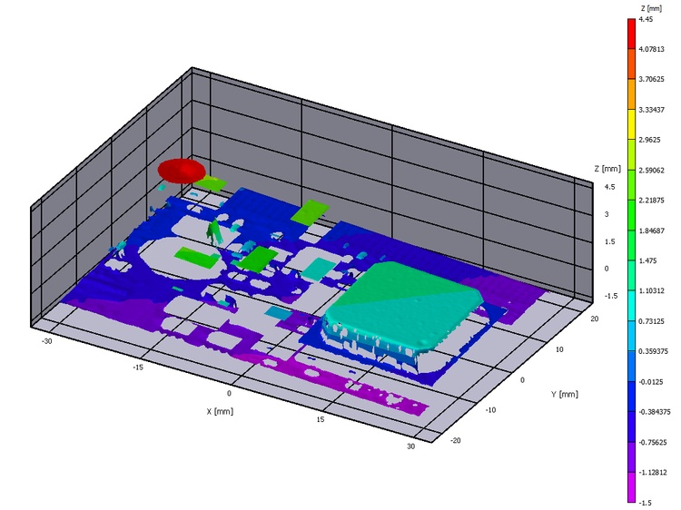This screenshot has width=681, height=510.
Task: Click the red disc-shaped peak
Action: [182, 170]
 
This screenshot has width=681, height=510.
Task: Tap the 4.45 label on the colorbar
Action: [646, 19]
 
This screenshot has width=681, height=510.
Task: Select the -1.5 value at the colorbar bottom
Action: [645, 503]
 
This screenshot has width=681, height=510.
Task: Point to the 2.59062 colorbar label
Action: [651, 170]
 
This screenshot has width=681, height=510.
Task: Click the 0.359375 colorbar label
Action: [653, 351]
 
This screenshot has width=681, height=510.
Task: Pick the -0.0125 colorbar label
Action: [651, 382]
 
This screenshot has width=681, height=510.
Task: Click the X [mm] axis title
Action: [220, 411]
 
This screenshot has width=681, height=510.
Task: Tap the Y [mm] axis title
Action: [565, 394]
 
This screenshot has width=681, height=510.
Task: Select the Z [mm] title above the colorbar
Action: [651, 8]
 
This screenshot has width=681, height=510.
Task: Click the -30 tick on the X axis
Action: [46, 341]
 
